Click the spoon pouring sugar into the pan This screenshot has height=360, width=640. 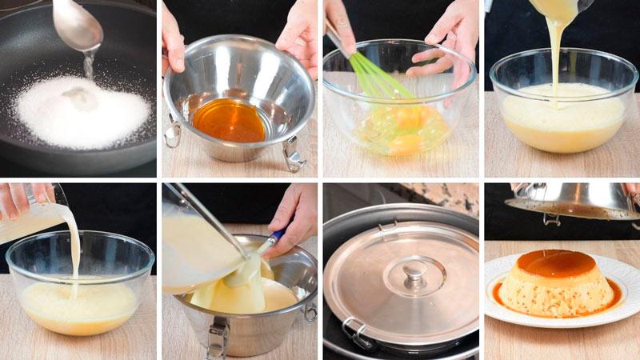coord(78,25)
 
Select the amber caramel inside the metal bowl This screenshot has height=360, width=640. coord(230,120)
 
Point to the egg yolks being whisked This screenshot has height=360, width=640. coord(400,128)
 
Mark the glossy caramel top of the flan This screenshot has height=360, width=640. coord(555,263)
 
